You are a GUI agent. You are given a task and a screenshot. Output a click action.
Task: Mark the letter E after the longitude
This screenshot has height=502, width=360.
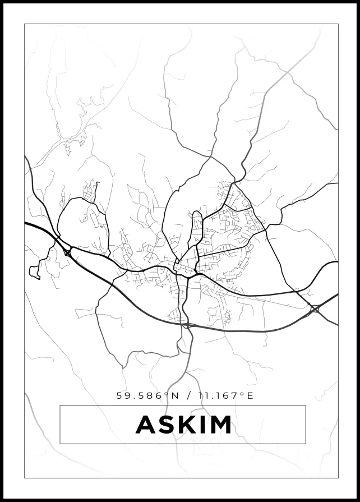click(x=250, y=395)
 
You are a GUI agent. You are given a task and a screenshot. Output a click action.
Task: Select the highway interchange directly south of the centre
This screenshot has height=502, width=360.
click(x=186, y=325)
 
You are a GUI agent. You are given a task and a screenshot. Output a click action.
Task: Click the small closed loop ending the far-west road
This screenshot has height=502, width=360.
click(x=35, y=274)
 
